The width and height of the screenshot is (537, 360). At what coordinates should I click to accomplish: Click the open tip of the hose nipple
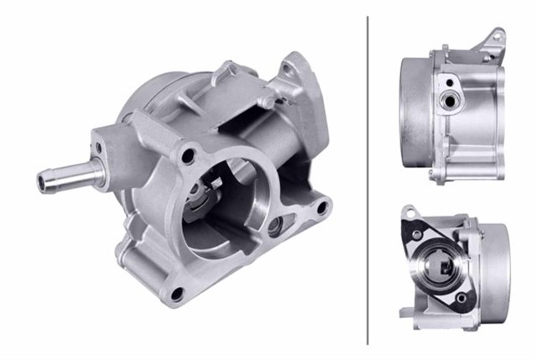click(43, 179)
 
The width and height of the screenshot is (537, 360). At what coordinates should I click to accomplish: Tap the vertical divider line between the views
click(368, 180)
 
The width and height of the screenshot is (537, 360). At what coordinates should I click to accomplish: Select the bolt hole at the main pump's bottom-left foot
click(176, 294)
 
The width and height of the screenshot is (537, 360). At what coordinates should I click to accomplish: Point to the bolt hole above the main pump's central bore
click(190, 155)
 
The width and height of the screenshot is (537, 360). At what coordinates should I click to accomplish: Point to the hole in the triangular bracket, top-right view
click(497, 36)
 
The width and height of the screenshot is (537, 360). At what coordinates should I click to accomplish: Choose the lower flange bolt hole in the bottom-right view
click(461, 298)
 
